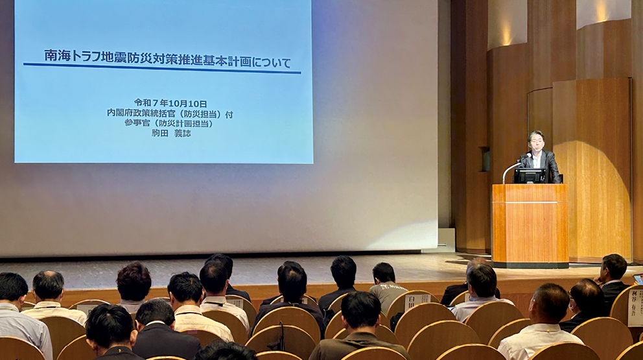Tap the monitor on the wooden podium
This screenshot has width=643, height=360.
530,175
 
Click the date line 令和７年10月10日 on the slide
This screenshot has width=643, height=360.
170,103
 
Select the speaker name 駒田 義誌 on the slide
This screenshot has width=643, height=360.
171,132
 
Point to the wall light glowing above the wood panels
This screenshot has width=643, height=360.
506,32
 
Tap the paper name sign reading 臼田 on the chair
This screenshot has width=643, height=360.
416,301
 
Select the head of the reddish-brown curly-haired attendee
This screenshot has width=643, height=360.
134,280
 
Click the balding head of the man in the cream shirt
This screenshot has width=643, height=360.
49,284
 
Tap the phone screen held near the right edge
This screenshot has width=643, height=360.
638,280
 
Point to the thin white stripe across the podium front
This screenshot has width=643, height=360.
530,202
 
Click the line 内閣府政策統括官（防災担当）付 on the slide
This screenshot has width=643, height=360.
170,114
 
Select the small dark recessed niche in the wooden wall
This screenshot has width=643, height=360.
484,159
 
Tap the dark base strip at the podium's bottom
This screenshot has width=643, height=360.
530,265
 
